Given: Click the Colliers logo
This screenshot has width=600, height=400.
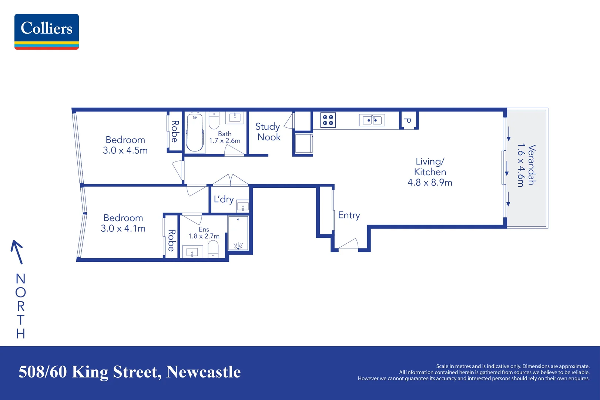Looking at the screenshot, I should (x=47, y=31).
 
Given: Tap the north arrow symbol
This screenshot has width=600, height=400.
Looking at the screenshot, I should (x=17, y=252).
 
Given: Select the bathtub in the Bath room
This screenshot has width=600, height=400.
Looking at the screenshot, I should (x=195, y=132).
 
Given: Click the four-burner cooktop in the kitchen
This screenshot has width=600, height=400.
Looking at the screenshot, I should (x=328, y=120).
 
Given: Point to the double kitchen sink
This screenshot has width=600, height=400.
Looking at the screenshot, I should (x=372, y=120).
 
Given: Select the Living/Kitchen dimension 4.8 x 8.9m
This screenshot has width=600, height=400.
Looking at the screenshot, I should (x=430, y=183).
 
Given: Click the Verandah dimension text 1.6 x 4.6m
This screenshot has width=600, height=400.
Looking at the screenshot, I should (x=521, y=165).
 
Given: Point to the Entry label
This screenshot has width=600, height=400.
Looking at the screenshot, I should (x=349, y=215).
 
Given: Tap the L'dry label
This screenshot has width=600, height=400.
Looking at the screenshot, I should (x=224, y=199).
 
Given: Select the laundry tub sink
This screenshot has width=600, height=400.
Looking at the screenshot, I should (x=242, y=206).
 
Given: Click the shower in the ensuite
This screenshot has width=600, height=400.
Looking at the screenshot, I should (x=238, y=234).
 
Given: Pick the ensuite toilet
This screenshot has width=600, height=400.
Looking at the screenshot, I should (x=213, y=249).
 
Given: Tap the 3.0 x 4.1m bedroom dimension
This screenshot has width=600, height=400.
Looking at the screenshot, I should (x=123, y=229).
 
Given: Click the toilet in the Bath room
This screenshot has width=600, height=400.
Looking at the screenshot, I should (x=214, y=120).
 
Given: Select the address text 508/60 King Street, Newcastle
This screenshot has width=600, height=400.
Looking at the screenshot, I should (x=130, y=372).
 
